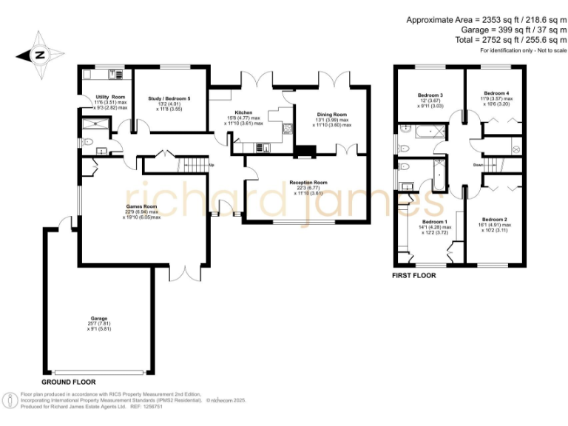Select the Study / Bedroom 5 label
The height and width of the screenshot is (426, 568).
169,98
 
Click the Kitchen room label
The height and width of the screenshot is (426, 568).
243,113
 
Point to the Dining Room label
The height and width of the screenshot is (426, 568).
331,115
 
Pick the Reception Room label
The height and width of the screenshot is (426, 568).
308,182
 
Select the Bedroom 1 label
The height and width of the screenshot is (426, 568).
435,222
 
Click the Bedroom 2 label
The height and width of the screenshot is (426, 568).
494,220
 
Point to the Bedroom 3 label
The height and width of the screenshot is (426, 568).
430,95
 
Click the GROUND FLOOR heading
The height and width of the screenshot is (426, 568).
69,382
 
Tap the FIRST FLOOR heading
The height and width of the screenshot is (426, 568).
414,275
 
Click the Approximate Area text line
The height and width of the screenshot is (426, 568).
485,20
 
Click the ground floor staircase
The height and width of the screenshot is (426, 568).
194,165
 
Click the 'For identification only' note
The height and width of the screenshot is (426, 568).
523,51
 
